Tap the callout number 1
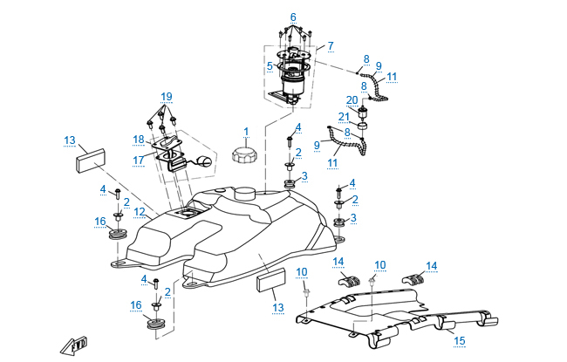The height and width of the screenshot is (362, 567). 246,132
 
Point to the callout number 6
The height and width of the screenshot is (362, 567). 293,17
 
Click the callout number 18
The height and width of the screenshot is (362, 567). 138,140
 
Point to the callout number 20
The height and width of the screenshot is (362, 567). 352,99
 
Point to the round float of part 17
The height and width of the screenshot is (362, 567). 205,161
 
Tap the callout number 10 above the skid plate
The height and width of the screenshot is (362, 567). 379,264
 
